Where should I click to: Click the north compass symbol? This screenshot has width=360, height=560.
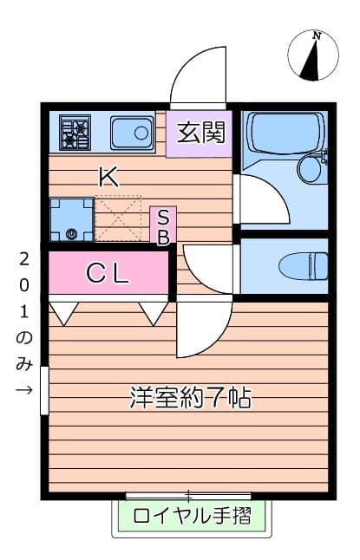(314, 55)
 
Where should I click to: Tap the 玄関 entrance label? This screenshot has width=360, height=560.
(200, 133)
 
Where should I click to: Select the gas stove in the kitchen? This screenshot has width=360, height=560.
(75, 133)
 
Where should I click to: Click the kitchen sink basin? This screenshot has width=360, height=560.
(132, 133)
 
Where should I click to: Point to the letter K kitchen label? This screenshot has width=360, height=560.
(108, 178)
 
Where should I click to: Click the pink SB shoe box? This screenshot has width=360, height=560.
(163, 225)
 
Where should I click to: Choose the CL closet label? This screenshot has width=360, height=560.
(108, 273)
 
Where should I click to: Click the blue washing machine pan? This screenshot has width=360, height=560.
(70, 219)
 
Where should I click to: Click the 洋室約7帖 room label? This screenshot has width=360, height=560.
(191, 399)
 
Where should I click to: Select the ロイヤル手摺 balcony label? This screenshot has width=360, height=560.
(192, 517)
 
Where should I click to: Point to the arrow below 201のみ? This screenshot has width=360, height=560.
(24, 389)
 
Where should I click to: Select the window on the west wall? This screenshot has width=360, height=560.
(44, 390)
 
